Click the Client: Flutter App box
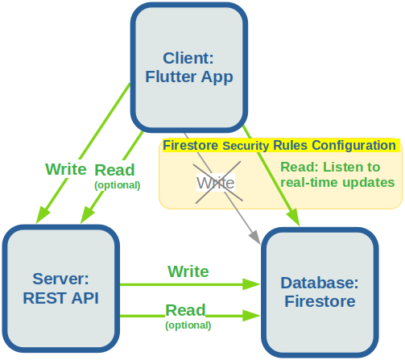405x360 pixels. click(189, 68)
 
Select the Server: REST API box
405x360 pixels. click(61, 288)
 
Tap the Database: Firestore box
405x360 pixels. click(320, 292)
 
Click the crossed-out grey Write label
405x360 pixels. click(216, 183)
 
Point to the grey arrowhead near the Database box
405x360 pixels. click(254, 237)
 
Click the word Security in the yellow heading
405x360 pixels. click(246, 146)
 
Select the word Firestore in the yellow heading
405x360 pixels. click(190, 146)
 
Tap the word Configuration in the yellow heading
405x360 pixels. click(353, 146)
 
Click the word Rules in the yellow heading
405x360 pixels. click(290, 146)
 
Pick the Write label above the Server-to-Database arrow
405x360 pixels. click(188, 271)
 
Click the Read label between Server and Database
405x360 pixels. click(185, 310)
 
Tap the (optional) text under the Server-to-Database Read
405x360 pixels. click(188, 325)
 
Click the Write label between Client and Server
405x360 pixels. click(66, 169)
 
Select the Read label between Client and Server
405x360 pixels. click(114, 170)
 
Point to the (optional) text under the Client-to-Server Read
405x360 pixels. click(118, 185)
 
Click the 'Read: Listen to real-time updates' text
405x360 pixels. click(337, 175)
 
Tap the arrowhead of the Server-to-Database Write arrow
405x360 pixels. click(251, 284)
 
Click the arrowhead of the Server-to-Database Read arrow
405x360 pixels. click(251, 316)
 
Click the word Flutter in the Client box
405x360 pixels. click(171, 77)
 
